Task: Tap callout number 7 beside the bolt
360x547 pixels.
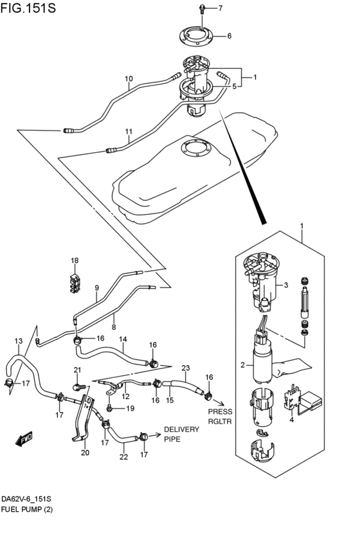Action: [x=220, y=8]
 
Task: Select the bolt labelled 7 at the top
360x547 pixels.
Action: [x=202, y=8]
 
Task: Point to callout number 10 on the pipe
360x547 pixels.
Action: [x=129, y=80]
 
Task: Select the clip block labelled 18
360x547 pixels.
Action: [x=76, y=283]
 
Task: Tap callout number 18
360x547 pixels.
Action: [x=75, y=261]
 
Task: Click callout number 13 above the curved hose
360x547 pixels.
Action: [x=18, y=341]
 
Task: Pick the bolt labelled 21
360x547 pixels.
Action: [x=78, y=386]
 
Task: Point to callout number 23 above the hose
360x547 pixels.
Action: [x=185, y=368]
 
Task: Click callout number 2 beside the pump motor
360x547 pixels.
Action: [x=242, y=365]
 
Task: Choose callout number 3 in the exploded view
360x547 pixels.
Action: [x=287, y=285]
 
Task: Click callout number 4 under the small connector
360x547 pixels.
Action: [x=291, y=420]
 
